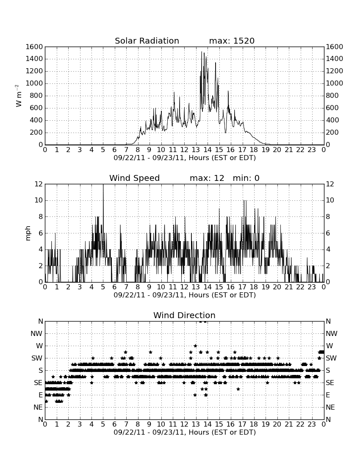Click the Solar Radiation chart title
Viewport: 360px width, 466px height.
(x=147, y=41)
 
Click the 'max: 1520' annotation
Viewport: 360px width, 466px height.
(x=232, y=41)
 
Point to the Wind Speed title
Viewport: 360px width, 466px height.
(x=135, y=178)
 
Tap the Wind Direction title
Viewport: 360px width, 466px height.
(x=184, y=315)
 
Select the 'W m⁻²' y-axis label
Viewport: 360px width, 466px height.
(x=18, y=96)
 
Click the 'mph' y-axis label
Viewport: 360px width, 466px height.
(x=28, y=233)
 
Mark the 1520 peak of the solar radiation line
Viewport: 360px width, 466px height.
(x=202, y=52)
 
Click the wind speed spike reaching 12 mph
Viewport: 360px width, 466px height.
(x=103, y=185)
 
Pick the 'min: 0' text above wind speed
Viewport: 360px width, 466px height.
(x=246, y=178)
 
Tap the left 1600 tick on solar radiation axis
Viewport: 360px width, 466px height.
(x=34, y=47)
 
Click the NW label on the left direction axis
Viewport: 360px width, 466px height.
(x=37, y=333)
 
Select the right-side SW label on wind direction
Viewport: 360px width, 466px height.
(x=331, y=358)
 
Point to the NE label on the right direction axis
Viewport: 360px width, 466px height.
(x=330, y=407)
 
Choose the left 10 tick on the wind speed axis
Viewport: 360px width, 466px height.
(x=39, y=200)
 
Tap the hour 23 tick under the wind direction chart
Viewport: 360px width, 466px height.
(x=312, y=424)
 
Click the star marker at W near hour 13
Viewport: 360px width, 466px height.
(x=195, y=346)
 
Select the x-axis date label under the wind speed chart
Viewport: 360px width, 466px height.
(x=185, y=295)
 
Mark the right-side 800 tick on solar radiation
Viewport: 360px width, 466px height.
(x=332, y=95)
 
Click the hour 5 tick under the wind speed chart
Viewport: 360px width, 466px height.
(x=103, y=287)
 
